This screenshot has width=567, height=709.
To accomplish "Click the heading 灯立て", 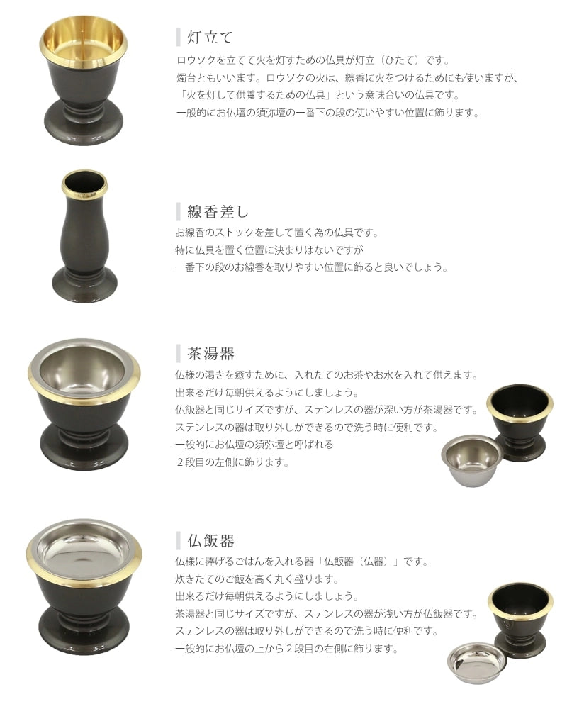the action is point(210,37).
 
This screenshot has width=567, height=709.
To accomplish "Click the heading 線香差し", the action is point(218,211).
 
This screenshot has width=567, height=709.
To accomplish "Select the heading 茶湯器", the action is point(210,354).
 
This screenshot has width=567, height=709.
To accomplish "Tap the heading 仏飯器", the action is point(210,541).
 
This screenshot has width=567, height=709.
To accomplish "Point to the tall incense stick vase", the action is point(84,237).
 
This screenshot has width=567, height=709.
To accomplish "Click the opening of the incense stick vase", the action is point(84,183).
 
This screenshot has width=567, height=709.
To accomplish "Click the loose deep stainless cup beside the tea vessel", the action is point(471,460).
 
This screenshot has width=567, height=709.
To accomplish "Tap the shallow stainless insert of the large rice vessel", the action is point(84,551).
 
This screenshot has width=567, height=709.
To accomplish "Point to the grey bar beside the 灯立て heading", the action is point(178,37).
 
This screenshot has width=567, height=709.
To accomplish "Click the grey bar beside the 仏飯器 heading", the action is point(178,541).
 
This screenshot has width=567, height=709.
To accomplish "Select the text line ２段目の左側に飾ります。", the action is point(232,462).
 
